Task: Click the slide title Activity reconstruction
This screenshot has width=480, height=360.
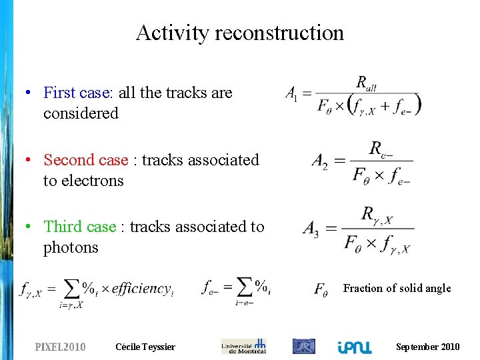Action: click(x=239, y=33)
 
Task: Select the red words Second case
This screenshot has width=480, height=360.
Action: click(x=85, y=160)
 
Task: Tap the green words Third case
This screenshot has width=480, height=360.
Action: click(x=80, y=227)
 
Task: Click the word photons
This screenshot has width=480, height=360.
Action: click(x=71, y=247)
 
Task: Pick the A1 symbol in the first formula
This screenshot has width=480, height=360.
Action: click(x=292, y=94)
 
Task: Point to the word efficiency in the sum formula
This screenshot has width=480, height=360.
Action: click(x=141, y=289)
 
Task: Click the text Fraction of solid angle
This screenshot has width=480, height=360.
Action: click(x=397, y=288)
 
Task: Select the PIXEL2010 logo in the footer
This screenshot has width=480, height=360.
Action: click(x=60, y=347)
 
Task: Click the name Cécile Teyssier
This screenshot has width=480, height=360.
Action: click(x=145, y=347)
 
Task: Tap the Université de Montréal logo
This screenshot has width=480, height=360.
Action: click(x=243, y=346)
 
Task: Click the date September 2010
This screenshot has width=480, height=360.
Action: click(x=427, y=347)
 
